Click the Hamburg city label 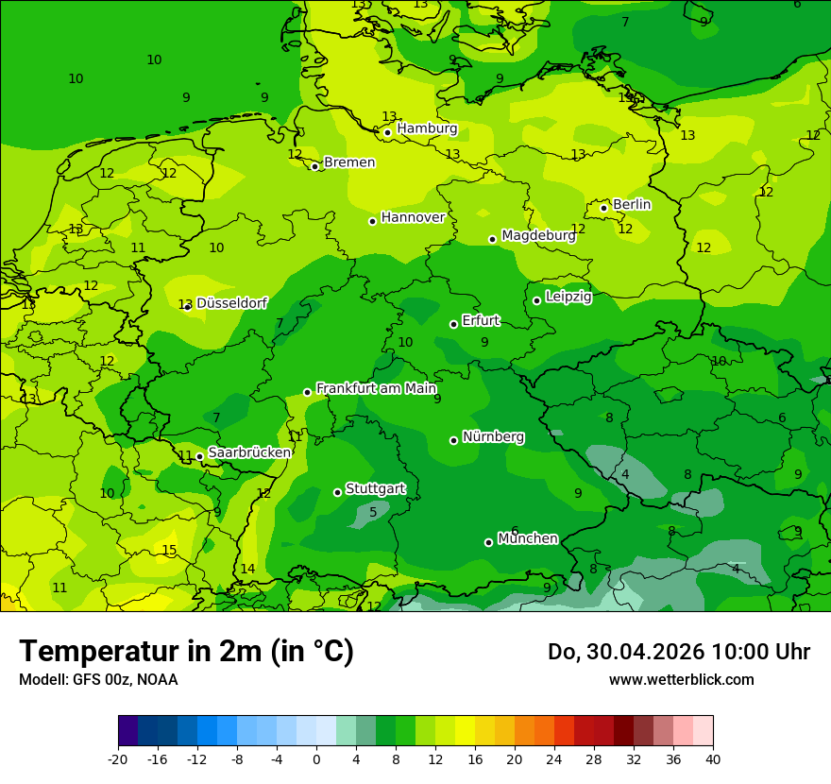click(x=427, y=128)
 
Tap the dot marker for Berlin click(x=603, y=208)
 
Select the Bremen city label click(x=349, y=162)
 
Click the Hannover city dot click(x=372, y=221)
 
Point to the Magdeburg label click(x=538, y=235)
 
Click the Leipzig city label click(x=568, y=297)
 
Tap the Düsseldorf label click(x=231, y=303)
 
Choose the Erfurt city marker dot click(x=453, y=324)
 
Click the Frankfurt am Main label click(x=376, y=388)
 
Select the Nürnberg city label click(x=493, y=436)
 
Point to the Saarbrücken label click(x=249, y=452)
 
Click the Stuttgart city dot click(x=337, y=492)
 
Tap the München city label click(x=528, y=538)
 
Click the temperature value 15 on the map click(x=169, y=551)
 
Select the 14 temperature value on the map click(x=247, y=569)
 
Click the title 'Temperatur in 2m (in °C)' click(x=186, y=651)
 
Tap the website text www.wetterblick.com click(x=681, y=679)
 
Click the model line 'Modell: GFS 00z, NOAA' click(x=98, y=679)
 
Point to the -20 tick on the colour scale click(x=118, y=758)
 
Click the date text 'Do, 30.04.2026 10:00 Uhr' click(x=678, y=652)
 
